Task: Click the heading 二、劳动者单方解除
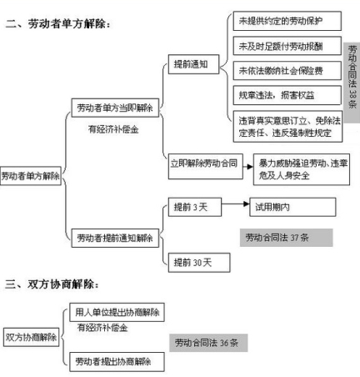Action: (x=57, y=24)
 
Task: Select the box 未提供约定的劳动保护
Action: (x=287, y=21)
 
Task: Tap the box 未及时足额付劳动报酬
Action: (x=287, y=46)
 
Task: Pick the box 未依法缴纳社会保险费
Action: (x=287, y=71)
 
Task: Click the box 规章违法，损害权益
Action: (x=287, y=95)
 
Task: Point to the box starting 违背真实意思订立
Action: (x=287, y=127)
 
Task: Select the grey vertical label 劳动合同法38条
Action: (x=352, y=83)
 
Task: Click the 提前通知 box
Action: (x=193, y=64)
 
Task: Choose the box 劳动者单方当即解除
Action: (x=115, y=108)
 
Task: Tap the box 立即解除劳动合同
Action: (x=206, y=166)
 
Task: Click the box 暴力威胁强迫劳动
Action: (x=302, y=169)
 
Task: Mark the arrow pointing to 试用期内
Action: (x=236, y=204)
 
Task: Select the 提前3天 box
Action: (x=195, y=207)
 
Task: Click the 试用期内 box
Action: (x=292, y=207)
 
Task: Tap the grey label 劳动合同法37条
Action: (x=287, y=238)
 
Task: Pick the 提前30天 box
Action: (x=199, y=263)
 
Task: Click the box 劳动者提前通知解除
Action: (x=115, y=238)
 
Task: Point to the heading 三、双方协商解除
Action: (x=52, y=284)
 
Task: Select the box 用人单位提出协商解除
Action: (x=117, y=313)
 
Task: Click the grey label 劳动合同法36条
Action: (x=208, y=343)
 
